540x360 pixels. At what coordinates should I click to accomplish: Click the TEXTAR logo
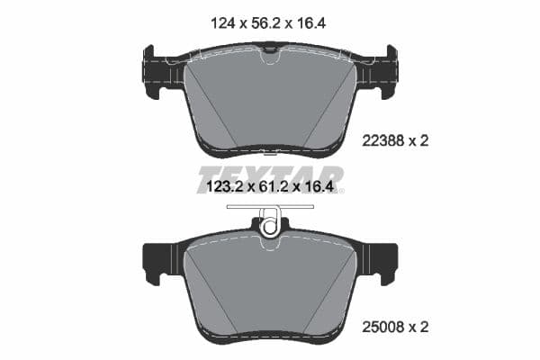pyautogui.click(x=270, y=175)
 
